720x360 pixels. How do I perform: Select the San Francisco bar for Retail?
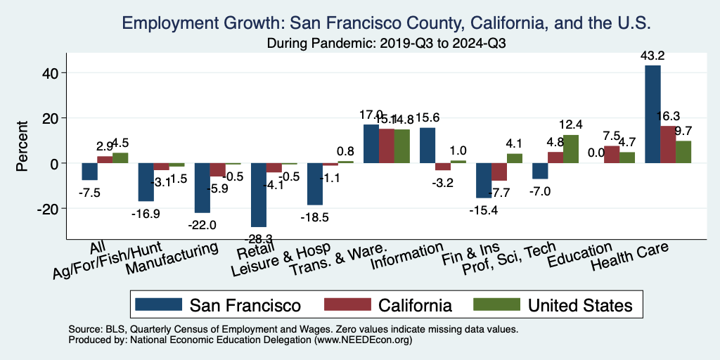click(259, 195)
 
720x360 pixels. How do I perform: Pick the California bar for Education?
click(612, 155)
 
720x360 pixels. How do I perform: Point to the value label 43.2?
click(653, 56)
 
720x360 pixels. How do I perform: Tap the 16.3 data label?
click(667, 116)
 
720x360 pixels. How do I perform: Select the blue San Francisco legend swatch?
click(155, 304)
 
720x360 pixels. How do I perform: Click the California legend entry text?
click(415, 305)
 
